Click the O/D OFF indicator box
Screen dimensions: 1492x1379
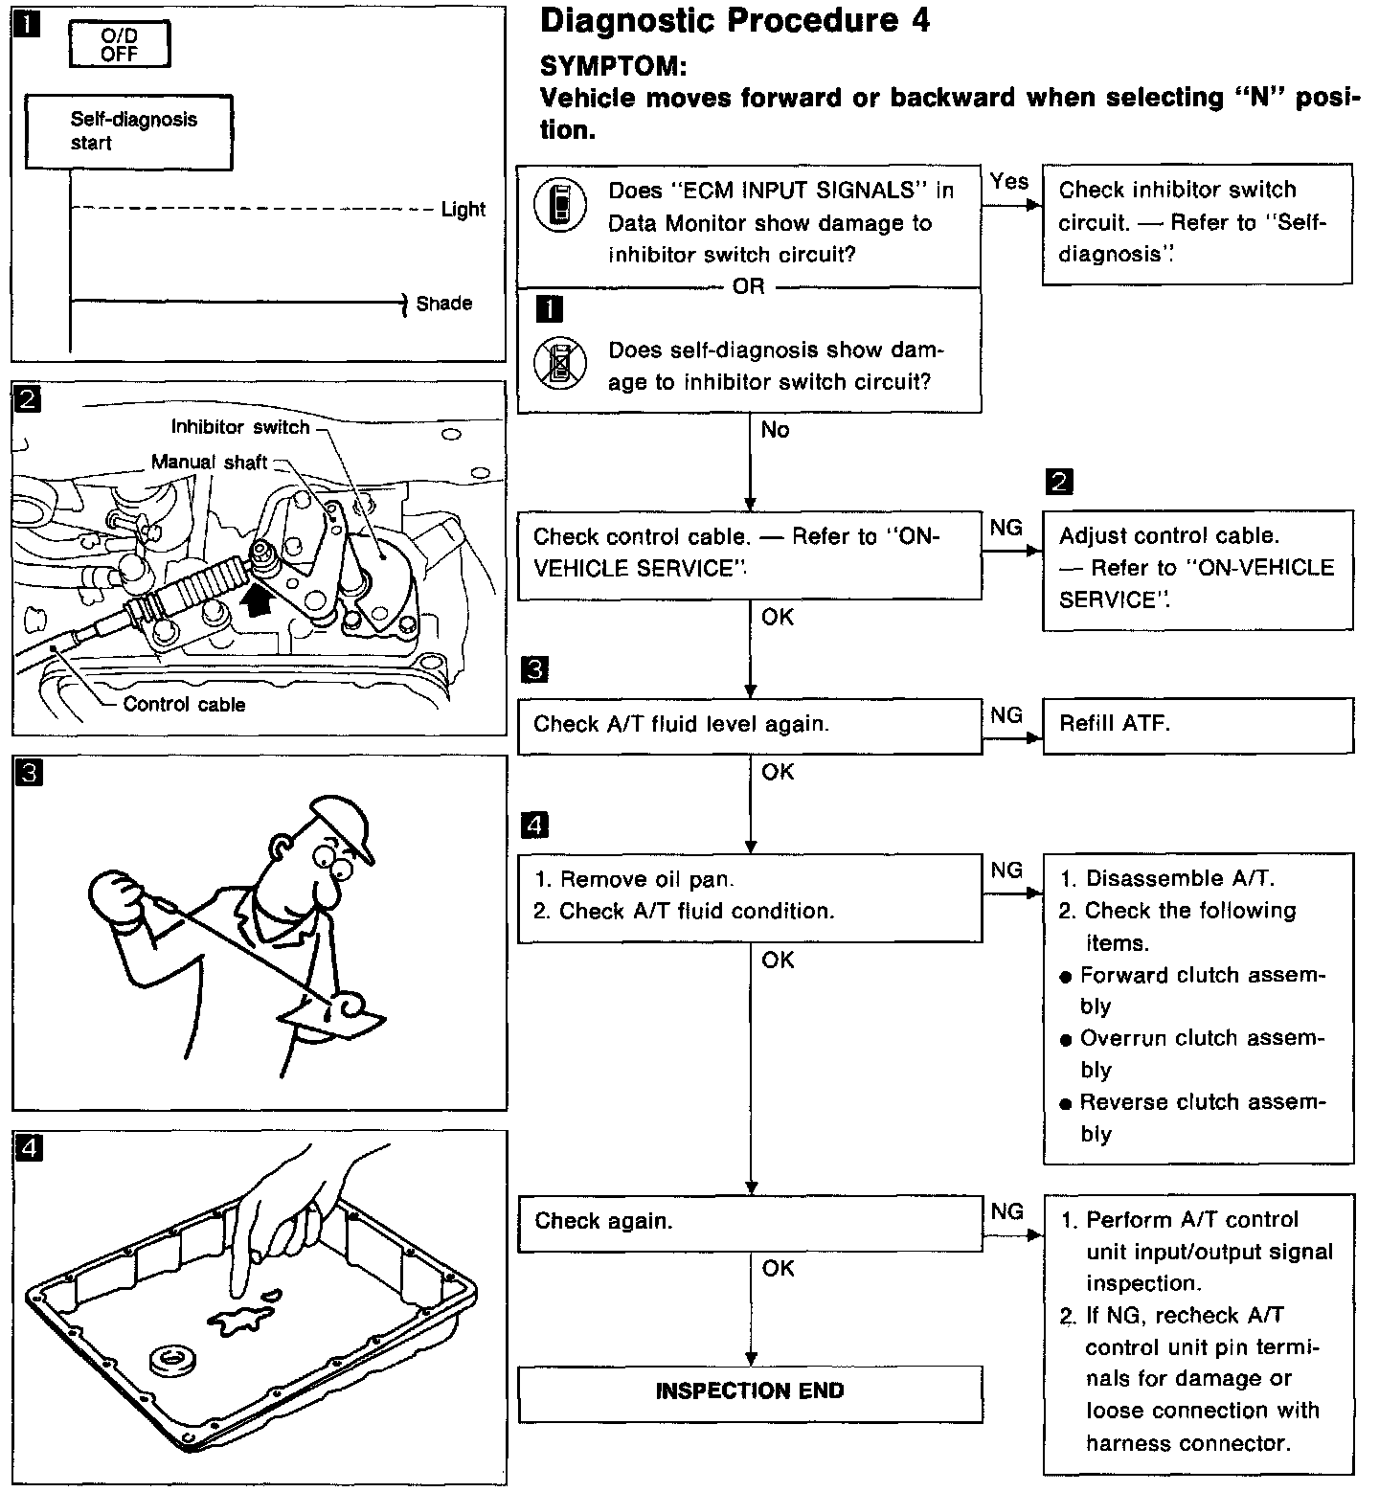pyautogui.click(x=120, y=45)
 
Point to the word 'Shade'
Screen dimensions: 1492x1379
pyautogui.click(x=443, y=304)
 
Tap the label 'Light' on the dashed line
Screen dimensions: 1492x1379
pyautogui.click(x=463, y=210)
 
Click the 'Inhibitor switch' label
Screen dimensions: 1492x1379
pyautogui.click(x=240, y=427)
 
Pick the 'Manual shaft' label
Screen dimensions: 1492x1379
pyautogui.click(x=209, y=463)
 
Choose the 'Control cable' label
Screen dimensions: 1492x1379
pyautogui.click(x=184, y=705)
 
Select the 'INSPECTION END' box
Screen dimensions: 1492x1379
pyautogui.click(x=750, y=1391)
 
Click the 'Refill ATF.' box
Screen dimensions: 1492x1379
pyautogui.click(x=1197, y=725)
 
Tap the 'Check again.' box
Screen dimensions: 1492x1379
pyautogui.click(x=750, y=1222)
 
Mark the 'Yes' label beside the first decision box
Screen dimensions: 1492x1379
pyautogui.click(x=1009, y=182)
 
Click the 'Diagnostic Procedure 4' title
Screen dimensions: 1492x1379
pyautogui.click(x=735, y=21)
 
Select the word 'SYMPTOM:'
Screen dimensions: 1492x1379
pyautogui.click(x=613, y=66)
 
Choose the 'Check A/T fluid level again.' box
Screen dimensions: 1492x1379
pyautogui.click(x=750, y=725)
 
